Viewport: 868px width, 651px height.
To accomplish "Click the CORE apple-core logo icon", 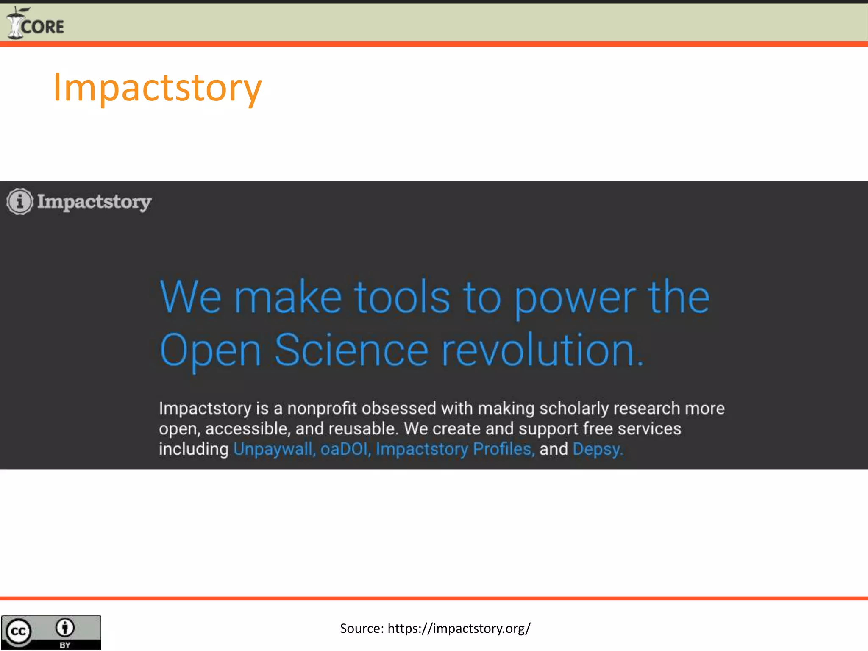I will (x=15, y=24).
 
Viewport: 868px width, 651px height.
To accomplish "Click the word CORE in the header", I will (x=42, y=27).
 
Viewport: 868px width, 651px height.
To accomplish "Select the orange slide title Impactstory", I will (x=157, y=88).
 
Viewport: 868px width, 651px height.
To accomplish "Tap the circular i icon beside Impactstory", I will (x=19, y=201).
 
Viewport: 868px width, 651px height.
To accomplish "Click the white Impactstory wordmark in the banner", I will (x=94, y=202).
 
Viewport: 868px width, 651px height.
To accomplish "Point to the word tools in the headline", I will (x=402, y=298).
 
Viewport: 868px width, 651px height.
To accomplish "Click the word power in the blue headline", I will (x=575, y=298).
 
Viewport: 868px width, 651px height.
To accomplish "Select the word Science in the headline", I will (x=351, y=350).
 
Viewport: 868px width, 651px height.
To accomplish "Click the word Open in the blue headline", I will (x=210, y=351).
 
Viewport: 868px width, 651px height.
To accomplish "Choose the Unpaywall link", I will (x=273, y=449).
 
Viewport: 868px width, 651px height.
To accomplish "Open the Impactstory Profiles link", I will (x=454, y=449).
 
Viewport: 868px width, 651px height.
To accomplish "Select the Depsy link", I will (x=597, y=449).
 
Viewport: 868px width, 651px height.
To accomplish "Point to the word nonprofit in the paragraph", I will (x=322, y=409).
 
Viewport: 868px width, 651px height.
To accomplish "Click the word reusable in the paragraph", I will (x=363, y=429).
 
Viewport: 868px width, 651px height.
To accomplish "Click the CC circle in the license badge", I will (x=18, y=632).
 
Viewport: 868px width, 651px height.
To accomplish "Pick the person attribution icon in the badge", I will (x=65, y=628).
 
